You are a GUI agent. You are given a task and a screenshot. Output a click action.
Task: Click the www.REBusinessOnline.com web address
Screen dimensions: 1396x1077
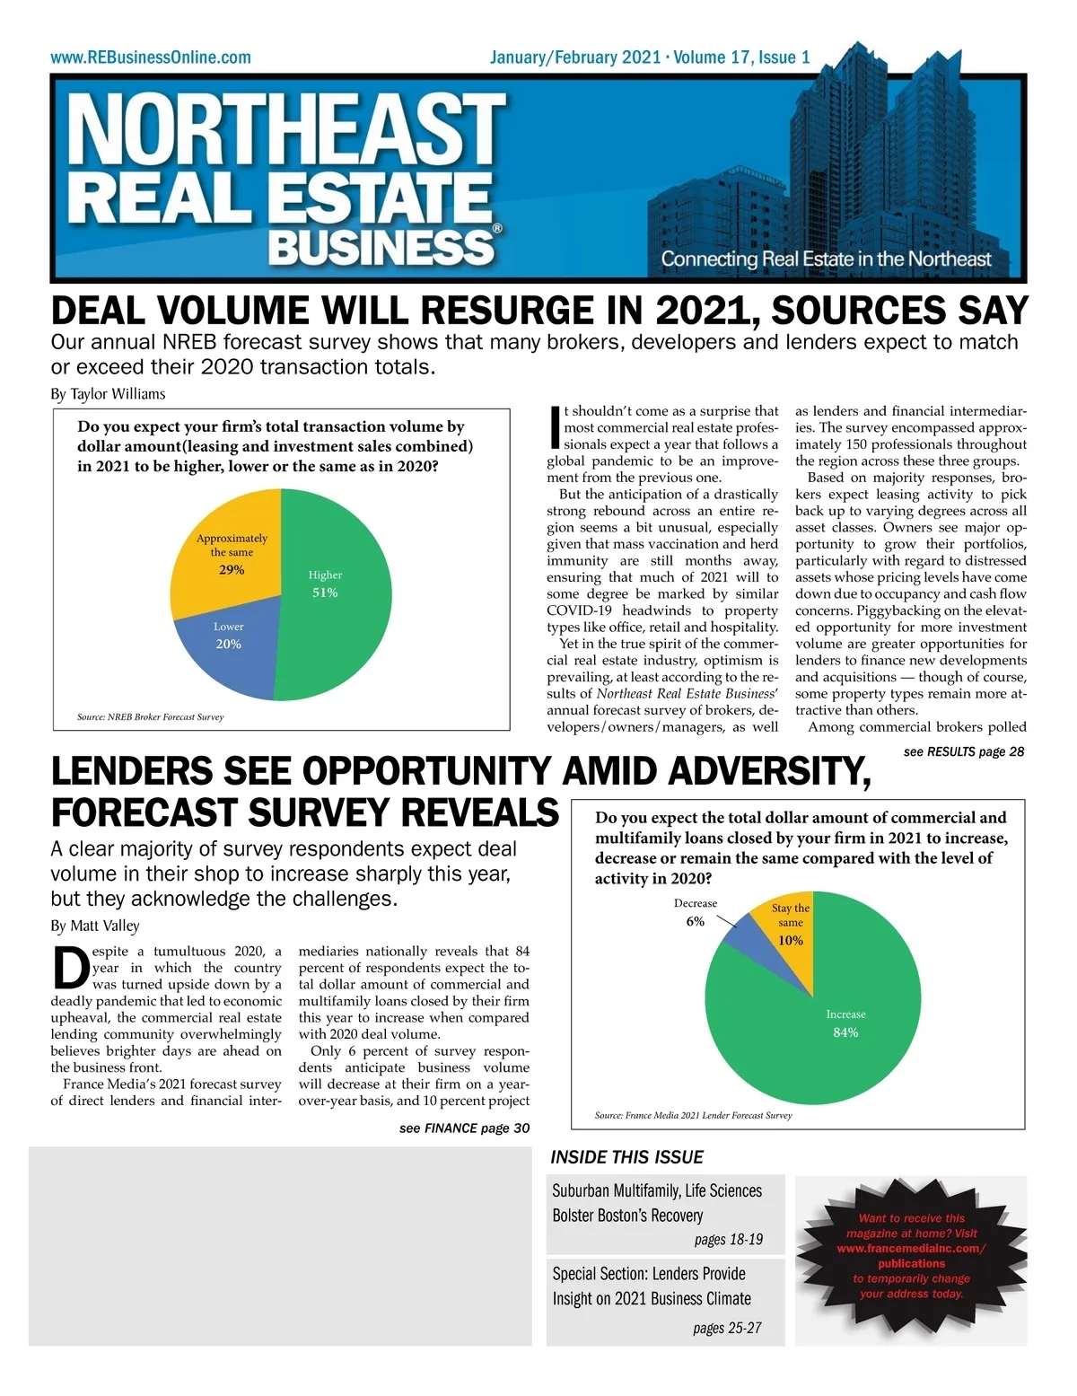pos(151,57)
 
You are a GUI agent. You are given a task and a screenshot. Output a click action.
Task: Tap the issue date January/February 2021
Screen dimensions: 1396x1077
pos(574,57)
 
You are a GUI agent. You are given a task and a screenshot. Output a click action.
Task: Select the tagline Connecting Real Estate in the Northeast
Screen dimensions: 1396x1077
pos(826,259)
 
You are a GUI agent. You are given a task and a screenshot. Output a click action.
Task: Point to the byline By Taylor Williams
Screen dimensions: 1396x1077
pos(108,393)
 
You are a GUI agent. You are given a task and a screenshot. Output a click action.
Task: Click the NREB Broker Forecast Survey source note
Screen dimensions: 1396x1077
pos(150,717)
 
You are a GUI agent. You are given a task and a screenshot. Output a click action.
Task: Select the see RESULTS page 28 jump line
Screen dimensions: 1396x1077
pos(963,751)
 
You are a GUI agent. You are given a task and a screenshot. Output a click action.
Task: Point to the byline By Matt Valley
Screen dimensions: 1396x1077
pos(95,926)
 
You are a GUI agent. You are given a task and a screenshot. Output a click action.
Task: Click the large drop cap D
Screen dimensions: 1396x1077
pos(70,968)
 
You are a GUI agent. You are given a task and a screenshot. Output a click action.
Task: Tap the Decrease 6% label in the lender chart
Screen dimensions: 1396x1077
pos(696,912)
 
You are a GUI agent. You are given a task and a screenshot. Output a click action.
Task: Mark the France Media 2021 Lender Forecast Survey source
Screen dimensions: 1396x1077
pos(693,1115)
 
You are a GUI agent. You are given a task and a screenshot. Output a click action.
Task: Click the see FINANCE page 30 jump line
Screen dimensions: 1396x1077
pos(464,1128)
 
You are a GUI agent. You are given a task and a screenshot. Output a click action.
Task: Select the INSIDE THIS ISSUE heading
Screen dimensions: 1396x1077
pos(626,1157)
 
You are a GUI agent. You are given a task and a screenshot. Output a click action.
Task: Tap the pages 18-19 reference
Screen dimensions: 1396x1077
pos(728,1240)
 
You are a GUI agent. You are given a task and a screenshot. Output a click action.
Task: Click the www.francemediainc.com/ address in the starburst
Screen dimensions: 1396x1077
pos(911,1249)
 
